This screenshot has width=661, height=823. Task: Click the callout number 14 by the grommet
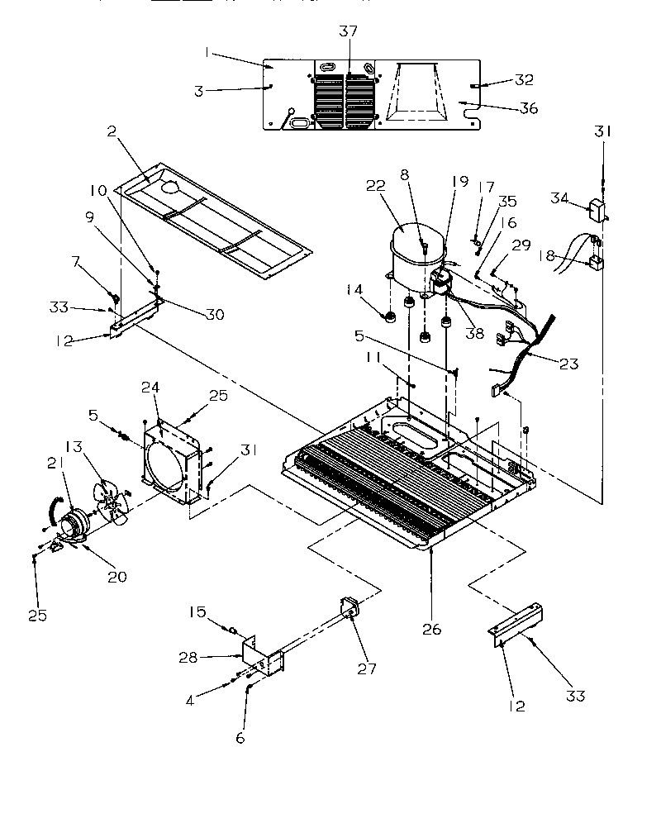(354, 290)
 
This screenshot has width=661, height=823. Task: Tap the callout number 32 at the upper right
(524, 80)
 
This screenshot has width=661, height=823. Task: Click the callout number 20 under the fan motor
(117, 577)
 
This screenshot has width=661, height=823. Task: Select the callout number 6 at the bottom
(240, 738)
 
